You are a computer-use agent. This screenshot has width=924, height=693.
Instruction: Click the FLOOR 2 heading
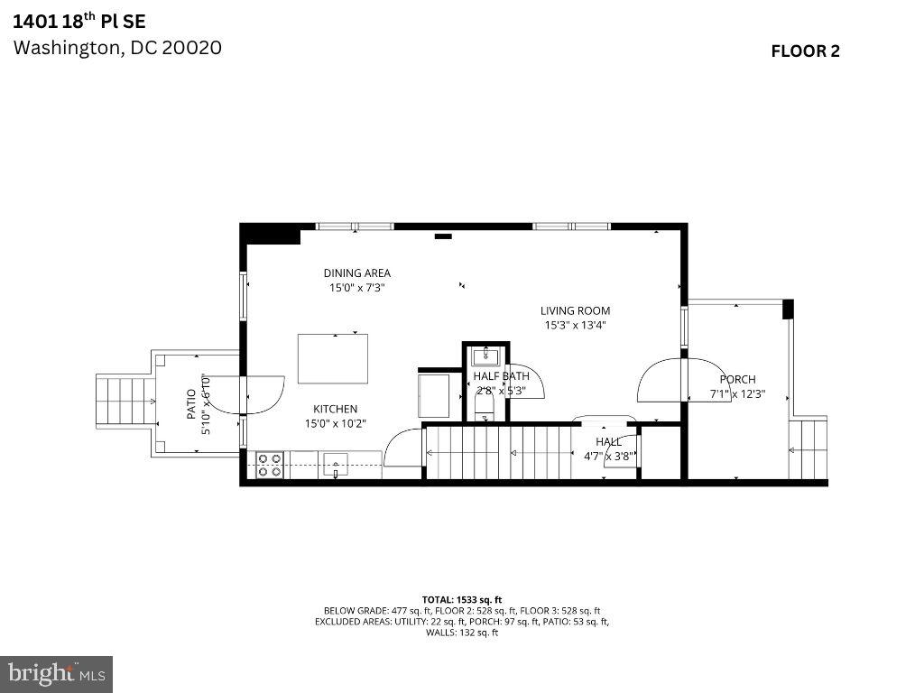tap(805, 51)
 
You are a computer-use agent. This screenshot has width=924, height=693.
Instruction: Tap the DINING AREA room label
tap(357, 273)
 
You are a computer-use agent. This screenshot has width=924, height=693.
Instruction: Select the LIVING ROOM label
tap(575, 311)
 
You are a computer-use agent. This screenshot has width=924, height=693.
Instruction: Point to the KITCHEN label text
tap(335, 409)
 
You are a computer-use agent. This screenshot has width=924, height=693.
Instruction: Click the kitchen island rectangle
tap(333, 358)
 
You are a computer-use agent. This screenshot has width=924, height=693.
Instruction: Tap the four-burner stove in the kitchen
tap(269, 465)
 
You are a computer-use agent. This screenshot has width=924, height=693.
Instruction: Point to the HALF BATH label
tap(502, 376)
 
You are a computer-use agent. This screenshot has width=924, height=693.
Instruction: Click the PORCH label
tap(737, 380)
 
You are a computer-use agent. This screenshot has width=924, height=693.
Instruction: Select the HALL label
tap(608, 442)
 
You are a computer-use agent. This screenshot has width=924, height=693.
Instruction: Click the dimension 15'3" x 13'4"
tap(575, 326)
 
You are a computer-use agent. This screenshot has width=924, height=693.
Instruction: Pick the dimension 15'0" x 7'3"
tap(357, 289)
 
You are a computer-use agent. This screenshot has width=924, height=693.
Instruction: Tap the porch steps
tap(808, 448)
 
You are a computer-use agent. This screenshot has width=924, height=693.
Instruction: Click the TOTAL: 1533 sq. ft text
tap(461, 599)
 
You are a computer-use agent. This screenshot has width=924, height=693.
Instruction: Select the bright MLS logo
tap(56, 673)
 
